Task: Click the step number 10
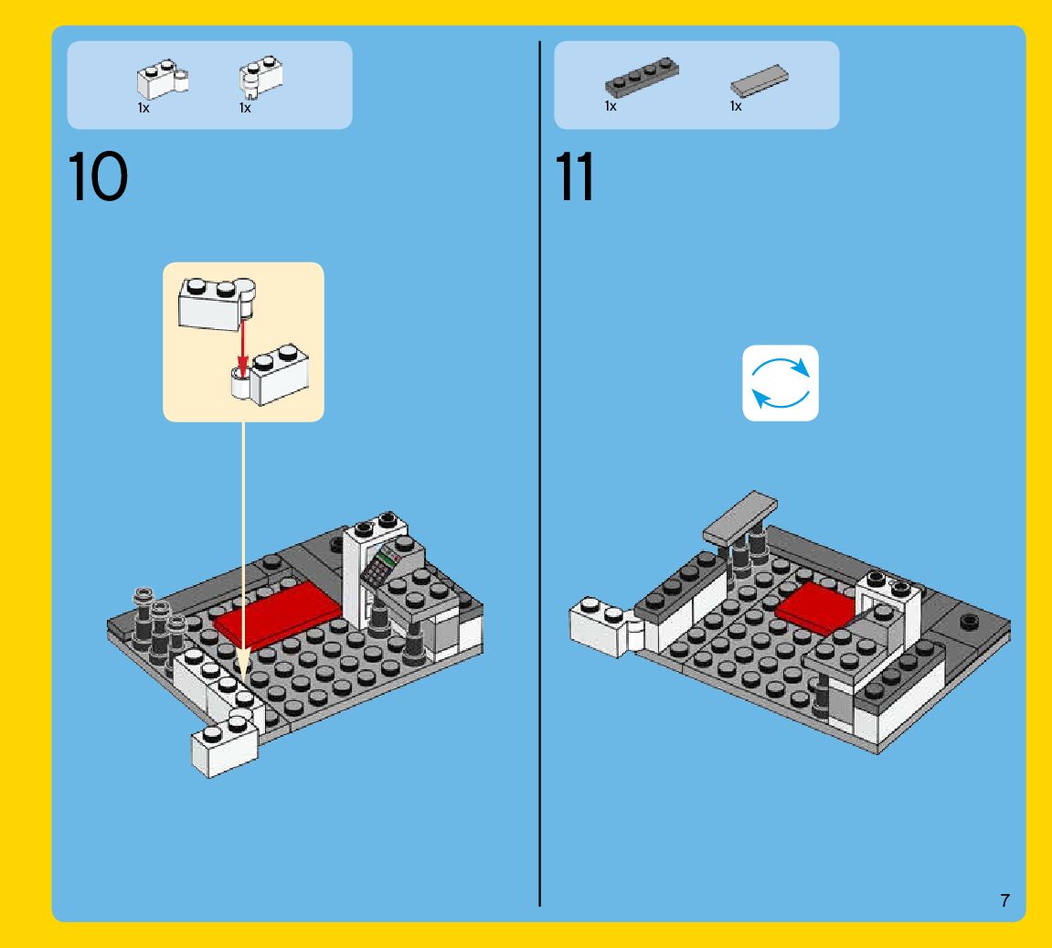[98, 176]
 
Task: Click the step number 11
[574, 176]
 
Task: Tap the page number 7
[1004, 900]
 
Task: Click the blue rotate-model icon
[781, 383]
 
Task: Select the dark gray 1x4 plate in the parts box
[642, 77]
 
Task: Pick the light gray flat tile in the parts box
[759, 80]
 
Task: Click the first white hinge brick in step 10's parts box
[163, 80]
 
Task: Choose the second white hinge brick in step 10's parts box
[260, 77]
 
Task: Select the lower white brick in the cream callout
[271, 376]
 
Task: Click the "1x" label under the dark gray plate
[611, 106]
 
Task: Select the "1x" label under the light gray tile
[736, 106]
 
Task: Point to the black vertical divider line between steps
[539, 474]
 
